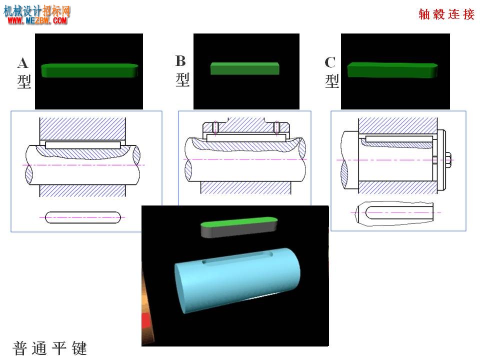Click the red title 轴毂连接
click(446, 14)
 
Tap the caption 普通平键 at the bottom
click(50, 348)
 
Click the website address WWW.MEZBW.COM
click(37, 21)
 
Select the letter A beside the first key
click(23, 63)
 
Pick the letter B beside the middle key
click(180, 61)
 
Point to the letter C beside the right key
click(330, 62)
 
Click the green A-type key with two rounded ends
click(89, 70)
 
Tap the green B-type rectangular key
click(244, 68)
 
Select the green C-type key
click(392, 70)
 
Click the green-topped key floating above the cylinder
click(239, 227)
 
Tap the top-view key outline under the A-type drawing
click(83, 217)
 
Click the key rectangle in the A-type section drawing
click(83, 145)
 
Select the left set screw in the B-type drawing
click(215, 127)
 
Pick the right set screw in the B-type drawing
click(276, 127)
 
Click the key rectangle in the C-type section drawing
click(399, 139)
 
